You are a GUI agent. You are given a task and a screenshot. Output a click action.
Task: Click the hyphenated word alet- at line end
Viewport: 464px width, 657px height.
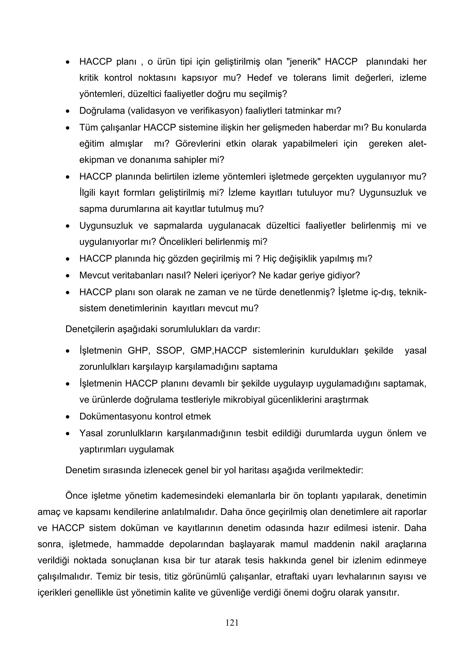click(417, 143)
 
